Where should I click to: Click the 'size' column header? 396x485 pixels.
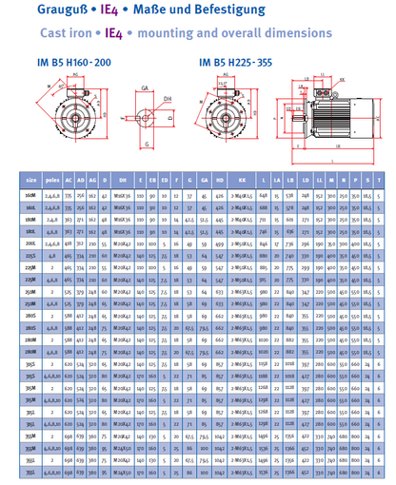31,177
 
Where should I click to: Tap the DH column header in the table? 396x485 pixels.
123,177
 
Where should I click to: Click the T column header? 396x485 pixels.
380,177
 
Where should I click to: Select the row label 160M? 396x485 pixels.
31,194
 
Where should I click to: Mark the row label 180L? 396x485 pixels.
31,230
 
